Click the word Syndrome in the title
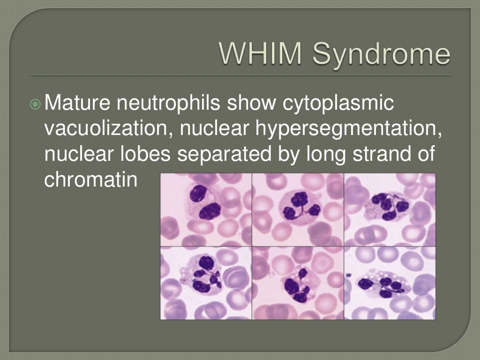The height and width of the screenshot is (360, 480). pos(381,55)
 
